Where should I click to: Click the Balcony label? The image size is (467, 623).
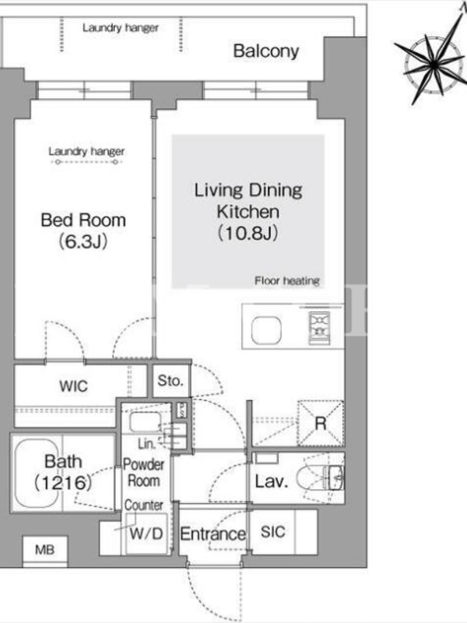click(x=265, y=51)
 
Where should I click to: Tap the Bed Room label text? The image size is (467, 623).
click(x=83, y=220)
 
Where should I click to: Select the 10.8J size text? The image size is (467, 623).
click(x=248, y=233)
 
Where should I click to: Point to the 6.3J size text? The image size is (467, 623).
click(x=83, y=241)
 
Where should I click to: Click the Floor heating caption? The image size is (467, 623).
click(x=287, y=281)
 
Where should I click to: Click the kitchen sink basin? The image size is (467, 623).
click(x=266, y=330)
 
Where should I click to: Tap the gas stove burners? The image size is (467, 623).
click(x=319, y=328)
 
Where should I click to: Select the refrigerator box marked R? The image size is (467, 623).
click(x=321, y=423)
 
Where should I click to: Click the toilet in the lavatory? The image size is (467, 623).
click(x=324, y=478)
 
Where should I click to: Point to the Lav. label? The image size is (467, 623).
click(x=271, y=481)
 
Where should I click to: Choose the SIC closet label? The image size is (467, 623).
click(x=273, y=532)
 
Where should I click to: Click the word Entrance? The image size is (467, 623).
click(x=212, y=534)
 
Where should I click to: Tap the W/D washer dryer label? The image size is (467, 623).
click(x=146, y=533)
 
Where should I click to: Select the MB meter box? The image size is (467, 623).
click(x=45, y=550)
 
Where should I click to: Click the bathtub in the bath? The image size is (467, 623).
click(x=37, y=473)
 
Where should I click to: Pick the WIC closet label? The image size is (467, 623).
click(x=73, y=386)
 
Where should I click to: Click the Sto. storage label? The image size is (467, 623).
click(x=170, y=381)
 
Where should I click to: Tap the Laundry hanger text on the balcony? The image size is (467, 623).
click(x=121, y=28)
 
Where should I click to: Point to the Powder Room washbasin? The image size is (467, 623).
click(x=146, y=422)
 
